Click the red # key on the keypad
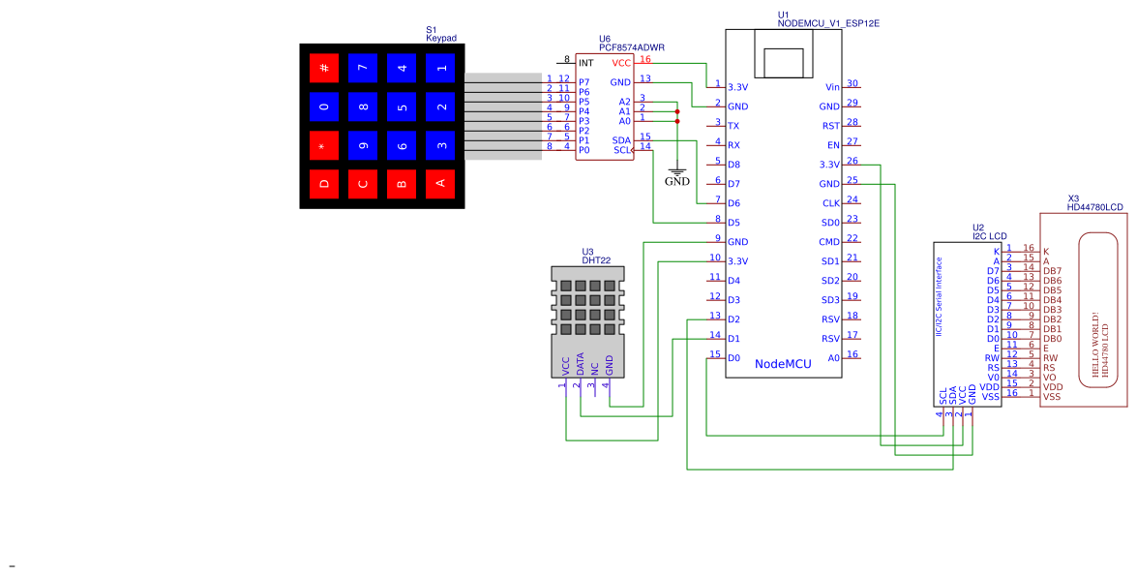(x=324, y=68)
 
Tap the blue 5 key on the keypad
(x=402, y=106)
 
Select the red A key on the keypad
(x=440, y=183)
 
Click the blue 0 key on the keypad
(x=324, y=106)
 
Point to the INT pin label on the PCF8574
(x=585, y=62)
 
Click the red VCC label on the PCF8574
(x=621, y=62)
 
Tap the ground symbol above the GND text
(x=677, y=171)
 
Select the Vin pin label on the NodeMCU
(x=832, y=87)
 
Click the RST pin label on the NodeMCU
(x=830, y=126)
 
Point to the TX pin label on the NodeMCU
(x=733, y=126)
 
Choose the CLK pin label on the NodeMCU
(x=830, y=203)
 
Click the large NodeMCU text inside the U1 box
(x=783, y=364)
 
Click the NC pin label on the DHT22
(x=594, y=368)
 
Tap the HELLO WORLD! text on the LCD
(x=1095, y=345)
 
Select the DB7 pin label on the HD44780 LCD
(x=1053, y=271)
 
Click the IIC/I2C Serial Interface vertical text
(x=940, y=296)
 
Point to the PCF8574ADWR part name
(x=631, y=47)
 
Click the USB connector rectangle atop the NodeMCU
(x=791, y=61)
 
